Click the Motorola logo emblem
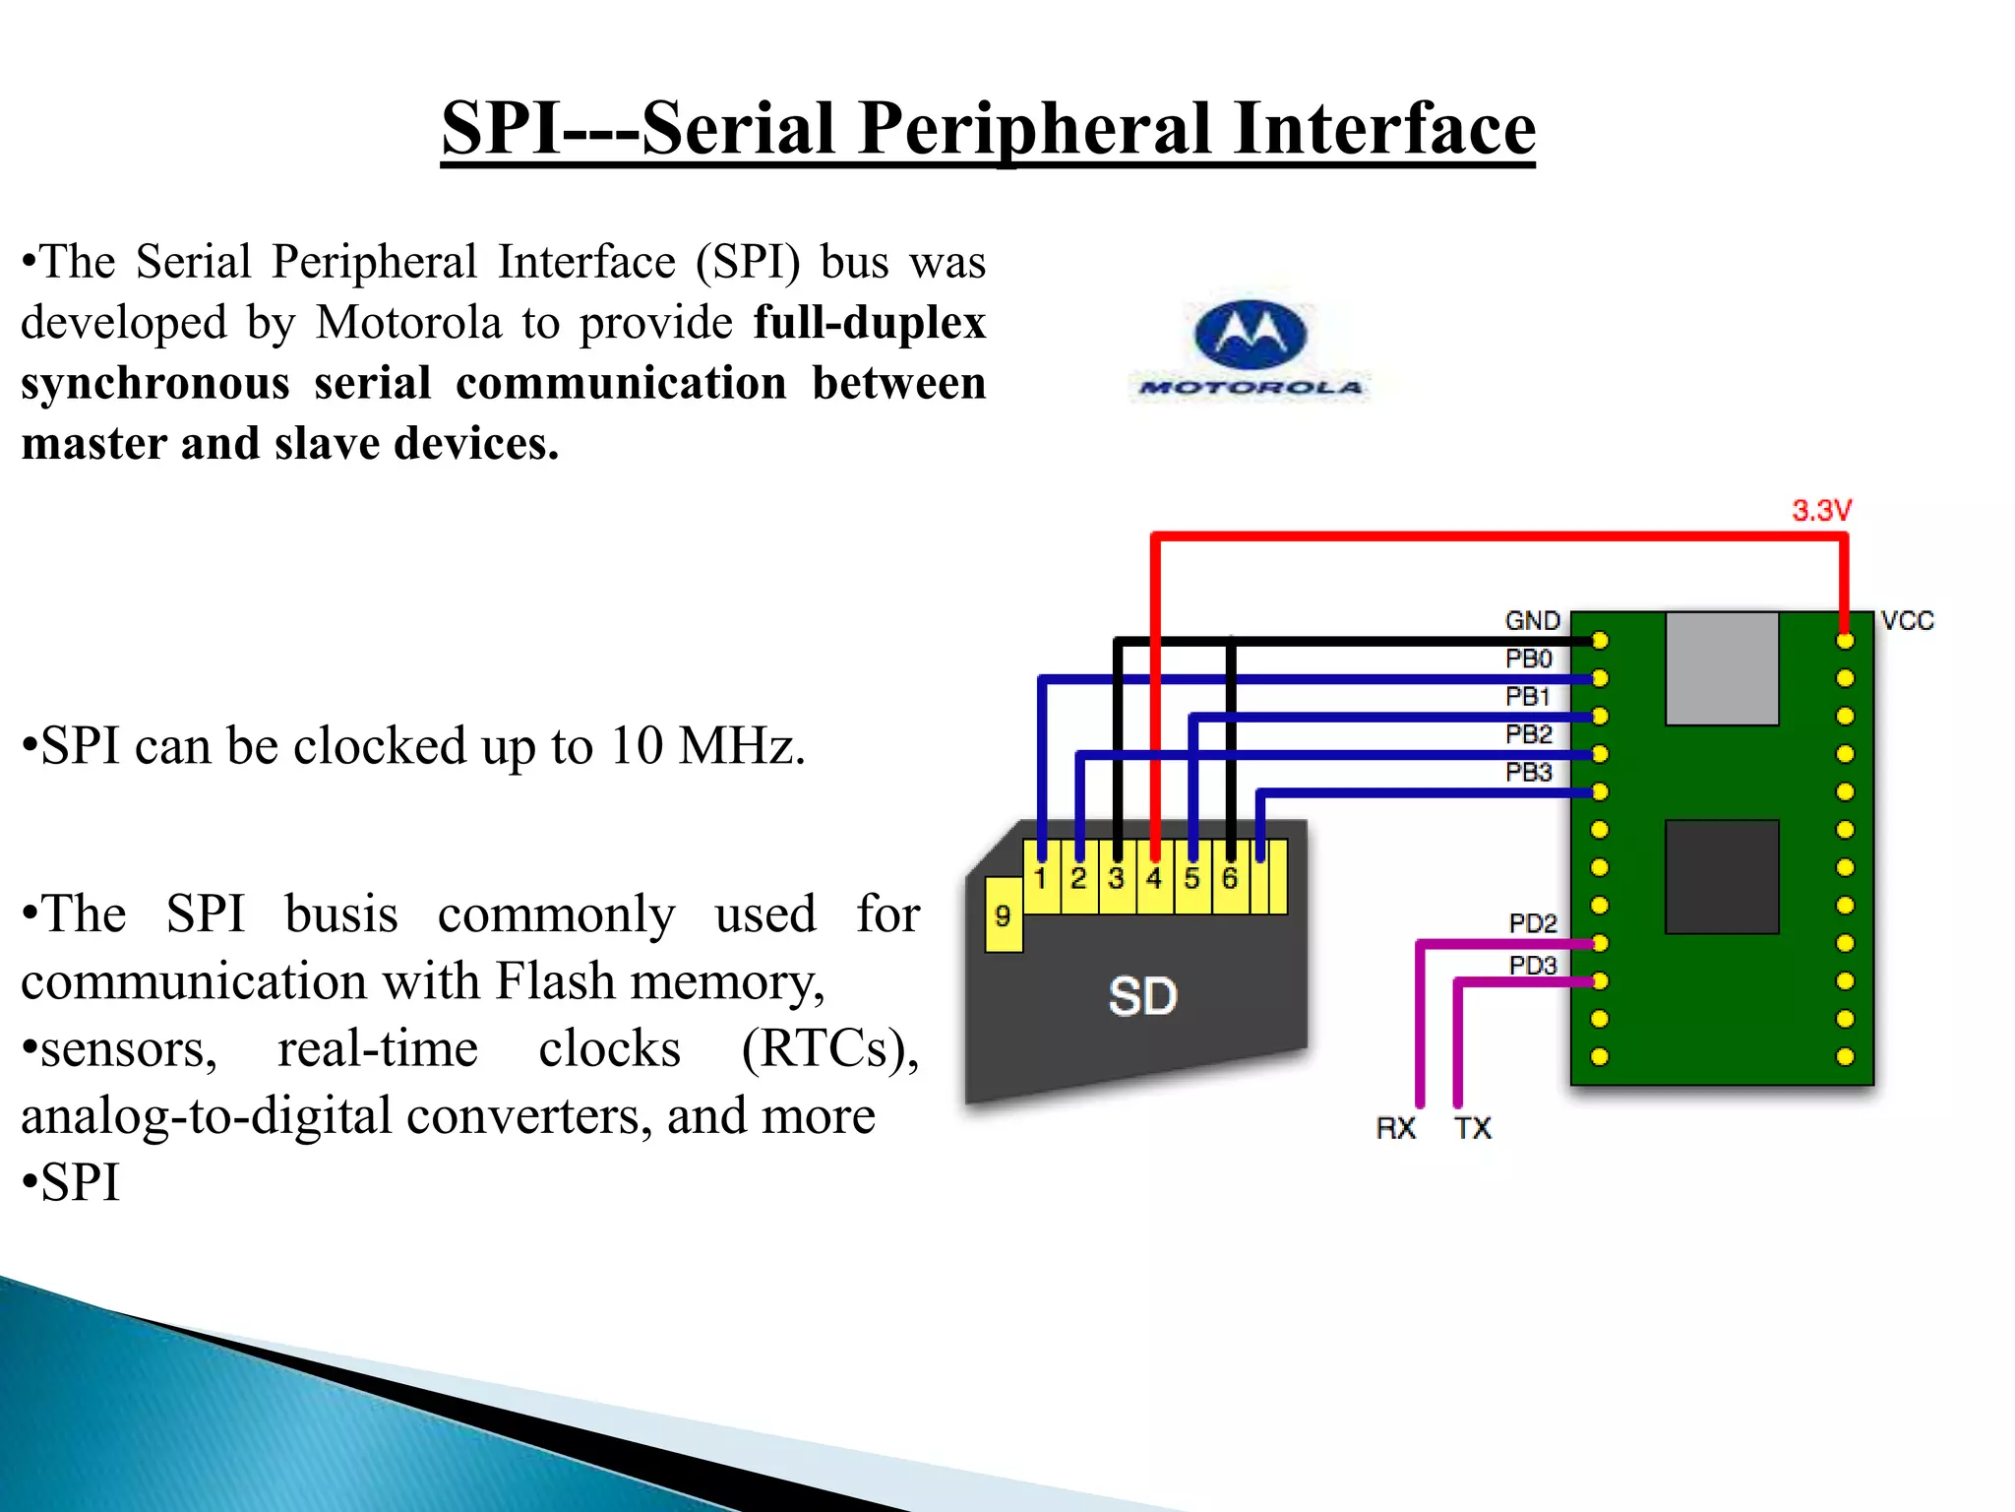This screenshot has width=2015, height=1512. click(1250, 335)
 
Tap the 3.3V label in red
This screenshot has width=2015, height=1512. click(1821, 510)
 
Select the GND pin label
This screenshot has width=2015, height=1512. click(1532, 620)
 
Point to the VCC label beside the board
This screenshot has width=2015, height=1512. click(1907, 620)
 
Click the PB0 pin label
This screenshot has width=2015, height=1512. click(1528, 659)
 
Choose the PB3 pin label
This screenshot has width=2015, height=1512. click(1528, 773)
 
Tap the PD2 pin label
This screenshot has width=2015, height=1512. click(1532, 923)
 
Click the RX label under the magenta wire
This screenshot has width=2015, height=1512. click(1395, 1128)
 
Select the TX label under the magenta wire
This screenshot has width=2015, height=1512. click(1473, 1128)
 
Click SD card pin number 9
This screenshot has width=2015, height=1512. click(1003, 916)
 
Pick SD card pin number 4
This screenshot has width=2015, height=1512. click(1154, 878)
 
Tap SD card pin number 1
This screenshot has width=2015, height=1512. click(1040, 878)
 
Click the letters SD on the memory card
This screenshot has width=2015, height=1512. click(1142, 996)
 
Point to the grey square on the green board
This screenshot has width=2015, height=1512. click(1722, 668)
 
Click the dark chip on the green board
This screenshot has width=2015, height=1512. click(1722, 876)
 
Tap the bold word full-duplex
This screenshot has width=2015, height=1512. click(869, 323)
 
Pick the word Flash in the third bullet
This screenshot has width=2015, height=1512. click(554, 981)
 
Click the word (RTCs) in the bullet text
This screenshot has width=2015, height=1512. click(829, 1048)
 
